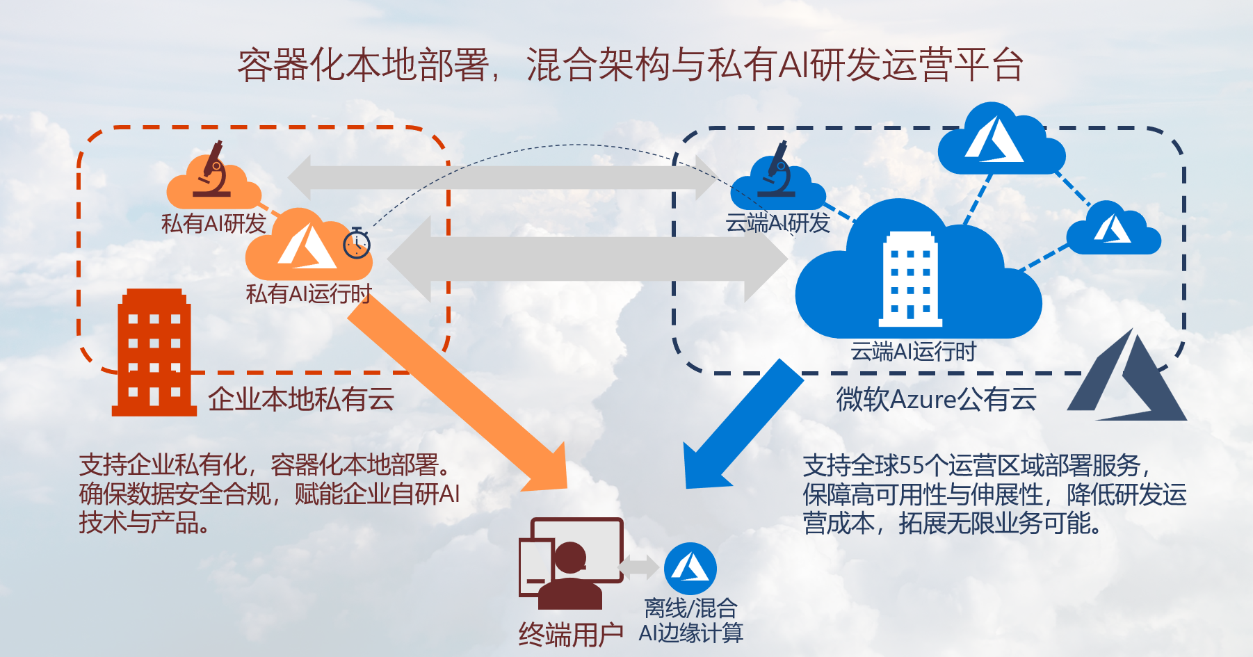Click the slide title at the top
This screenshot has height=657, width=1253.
tap(629, 65)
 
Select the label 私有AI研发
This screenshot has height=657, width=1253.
tap(213, 223)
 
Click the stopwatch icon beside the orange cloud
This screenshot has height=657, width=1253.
tap(357, 243)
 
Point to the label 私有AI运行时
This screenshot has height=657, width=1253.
tap(309, 293)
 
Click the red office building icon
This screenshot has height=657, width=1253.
tap(154, 353)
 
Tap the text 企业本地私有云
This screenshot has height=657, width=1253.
tap(301, 399)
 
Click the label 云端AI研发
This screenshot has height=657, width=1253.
tap(777, 223)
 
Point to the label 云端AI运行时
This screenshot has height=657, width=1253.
tap(913, 351)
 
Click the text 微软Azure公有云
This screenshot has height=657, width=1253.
tap(936, 399)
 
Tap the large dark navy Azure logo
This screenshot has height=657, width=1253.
tap(1130, 379)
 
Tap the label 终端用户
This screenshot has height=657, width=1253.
tap(571, 634)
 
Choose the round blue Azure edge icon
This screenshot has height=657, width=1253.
tap(690, 569)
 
